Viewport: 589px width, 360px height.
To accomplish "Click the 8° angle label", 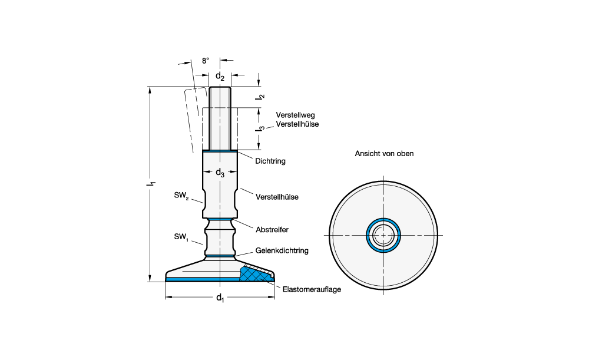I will click(205, 61).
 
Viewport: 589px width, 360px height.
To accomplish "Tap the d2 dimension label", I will click(219, 76).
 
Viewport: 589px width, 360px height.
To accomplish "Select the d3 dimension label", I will click(220, 173).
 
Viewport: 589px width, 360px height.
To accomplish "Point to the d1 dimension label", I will click(220, 298).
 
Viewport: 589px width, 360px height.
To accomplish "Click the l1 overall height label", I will click(153, 184).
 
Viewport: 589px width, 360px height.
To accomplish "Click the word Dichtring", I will click(270, 160).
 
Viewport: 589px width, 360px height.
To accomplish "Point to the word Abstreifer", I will click(272, 229).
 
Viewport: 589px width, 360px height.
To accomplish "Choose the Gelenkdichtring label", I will click(282, 250).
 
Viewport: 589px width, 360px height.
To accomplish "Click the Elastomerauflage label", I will click(312, 289).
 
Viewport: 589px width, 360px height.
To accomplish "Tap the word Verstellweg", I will click(296, 115).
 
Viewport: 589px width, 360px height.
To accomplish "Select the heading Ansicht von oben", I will click(384, 153).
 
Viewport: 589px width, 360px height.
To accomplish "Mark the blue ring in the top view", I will click(369, 235).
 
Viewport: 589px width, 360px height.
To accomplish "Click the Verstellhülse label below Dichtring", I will click(277, 197).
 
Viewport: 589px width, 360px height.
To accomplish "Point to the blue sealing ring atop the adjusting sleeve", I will click(220, 151).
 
